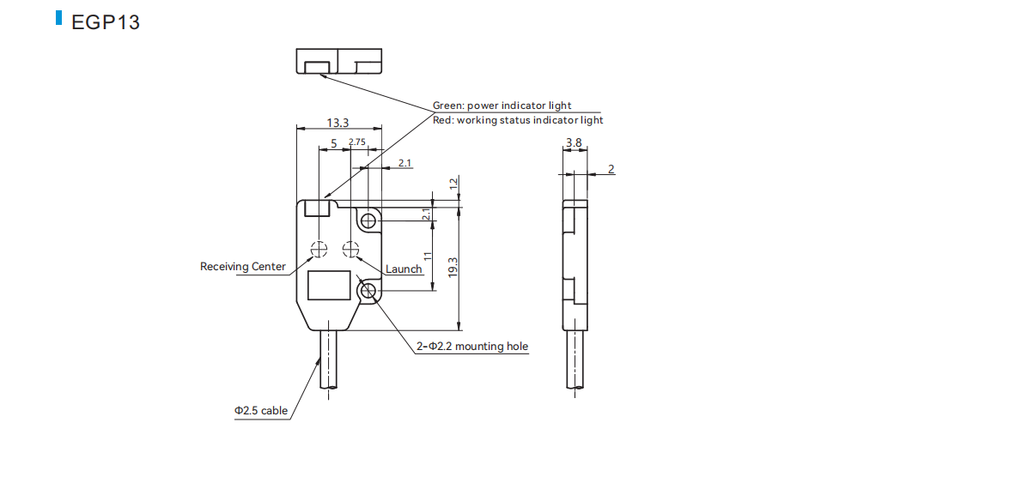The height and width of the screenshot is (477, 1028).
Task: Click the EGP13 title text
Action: (x=105, y=22)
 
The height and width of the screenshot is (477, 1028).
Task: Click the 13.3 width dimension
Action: (x=338, y=123)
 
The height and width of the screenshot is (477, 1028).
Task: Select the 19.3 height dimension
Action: (x=453, y=268)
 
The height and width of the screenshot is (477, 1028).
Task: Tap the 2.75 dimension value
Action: (x=357, y=142)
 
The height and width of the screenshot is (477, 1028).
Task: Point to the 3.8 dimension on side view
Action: (x=574, y=142)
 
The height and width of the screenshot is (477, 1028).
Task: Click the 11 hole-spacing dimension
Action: (x=427, y=256)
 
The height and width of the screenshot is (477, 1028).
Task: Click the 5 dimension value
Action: (x=334, y=142)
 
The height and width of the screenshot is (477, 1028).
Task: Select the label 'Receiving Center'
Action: (x=242, y=266)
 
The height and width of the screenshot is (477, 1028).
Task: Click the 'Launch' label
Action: (x=404, y=269)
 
